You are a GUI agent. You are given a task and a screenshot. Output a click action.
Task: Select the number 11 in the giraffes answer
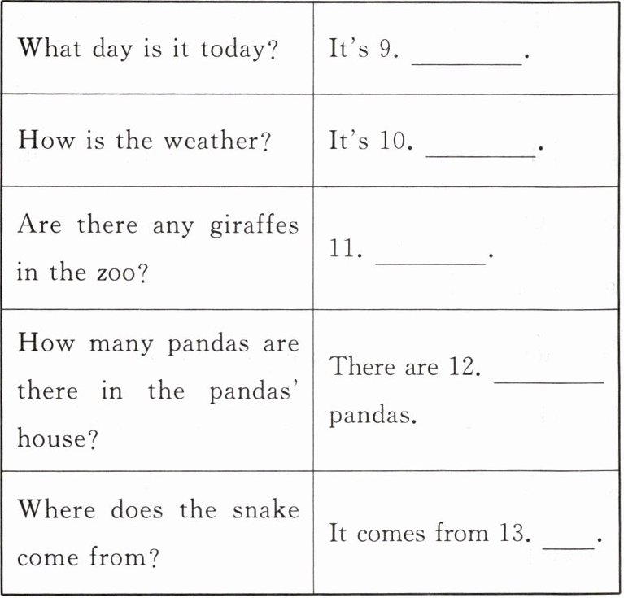[x=346, y=248]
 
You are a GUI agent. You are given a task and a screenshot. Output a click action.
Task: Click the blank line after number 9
[x=466, y=61]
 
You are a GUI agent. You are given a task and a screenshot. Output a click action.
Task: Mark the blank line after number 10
[x=480, y=154]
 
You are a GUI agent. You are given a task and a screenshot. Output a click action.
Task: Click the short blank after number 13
[x=568, y=546]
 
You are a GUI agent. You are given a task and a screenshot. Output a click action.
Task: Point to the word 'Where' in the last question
[x=55, y=510]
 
